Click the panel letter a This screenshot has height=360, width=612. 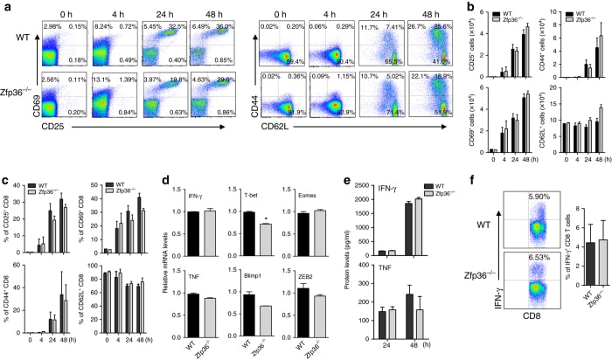pyautogui.click(x=7, y=8)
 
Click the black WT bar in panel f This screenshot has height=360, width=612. pyautogui.click(x=569, y=314)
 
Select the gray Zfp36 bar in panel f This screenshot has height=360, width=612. pyautogui.click(x=588, y=312)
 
